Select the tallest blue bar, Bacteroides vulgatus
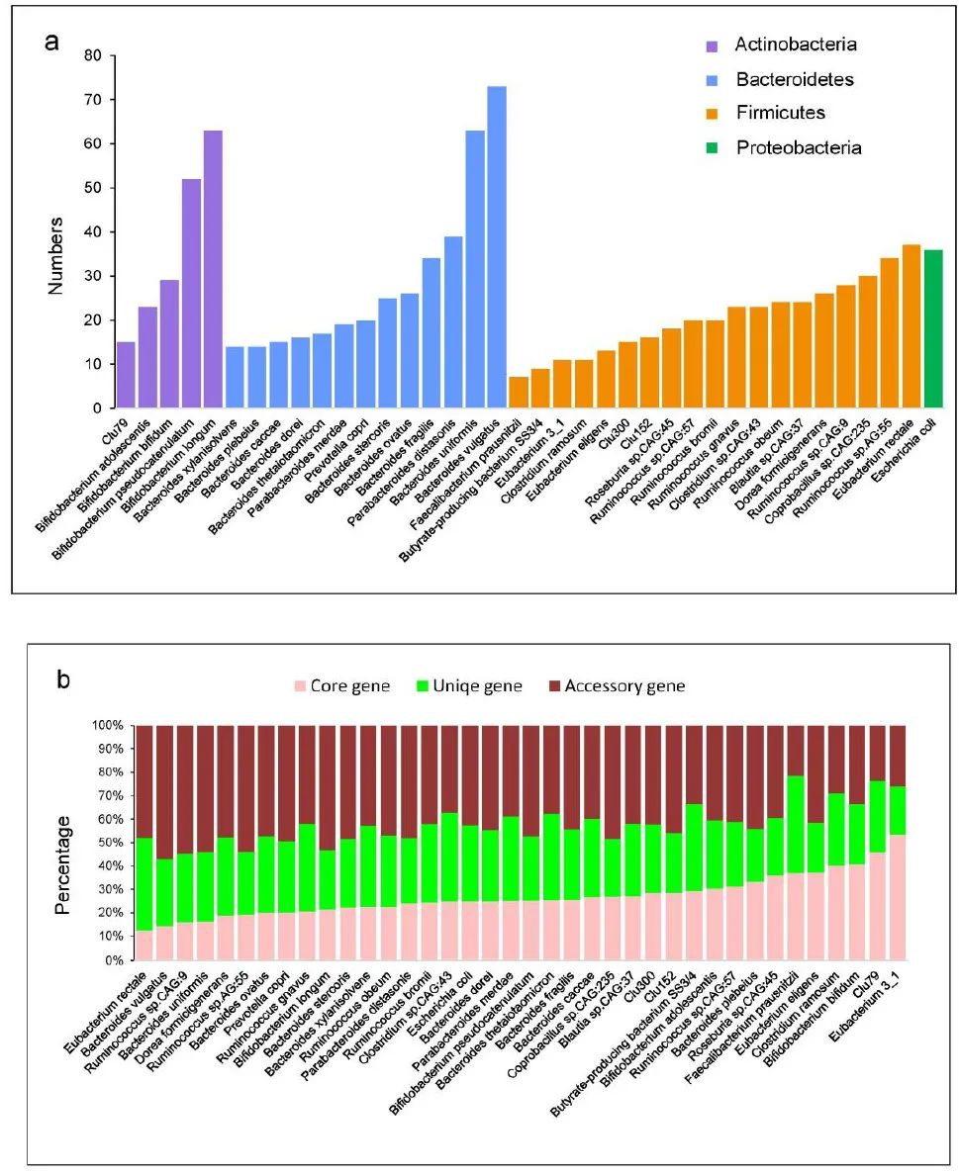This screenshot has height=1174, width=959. [497, 247]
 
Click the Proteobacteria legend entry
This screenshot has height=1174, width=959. [798, 147]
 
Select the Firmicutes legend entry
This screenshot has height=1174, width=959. [779, 113]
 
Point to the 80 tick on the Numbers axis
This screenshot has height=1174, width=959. [95, 55]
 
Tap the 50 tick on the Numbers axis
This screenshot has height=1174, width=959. [95, 188]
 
